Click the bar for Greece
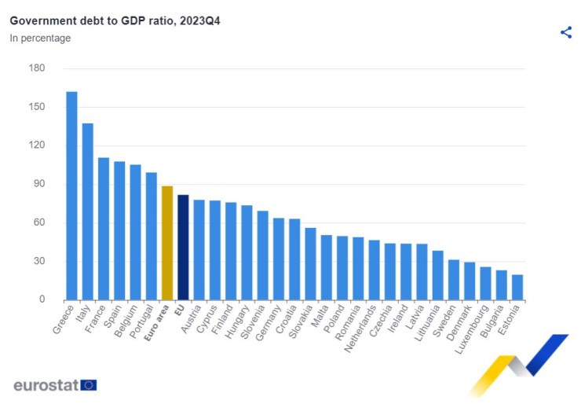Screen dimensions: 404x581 point(71,196)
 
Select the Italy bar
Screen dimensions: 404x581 point(87,211)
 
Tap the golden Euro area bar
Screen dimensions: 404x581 point(166,243)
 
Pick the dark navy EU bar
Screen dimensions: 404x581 point(183,248)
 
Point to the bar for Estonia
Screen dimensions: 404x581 point(517,287)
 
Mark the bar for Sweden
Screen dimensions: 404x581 point(453,280)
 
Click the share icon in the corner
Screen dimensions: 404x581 point(566,32)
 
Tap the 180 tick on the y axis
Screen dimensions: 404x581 point(37,68)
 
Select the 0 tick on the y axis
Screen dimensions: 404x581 point(42,299)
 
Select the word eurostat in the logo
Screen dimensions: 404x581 point(45,385)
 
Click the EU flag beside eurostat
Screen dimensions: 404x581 point(89,385)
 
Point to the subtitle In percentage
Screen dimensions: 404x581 point(40,38)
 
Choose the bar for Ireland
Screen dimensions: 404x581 point(405,271)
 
